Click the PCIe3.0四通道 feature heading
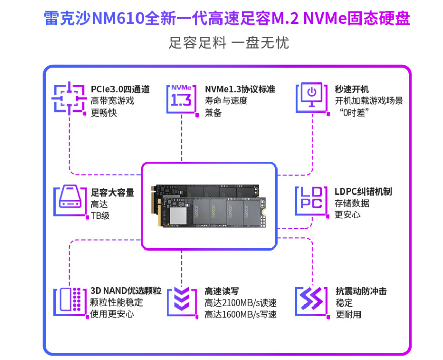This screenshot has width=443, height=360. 120,89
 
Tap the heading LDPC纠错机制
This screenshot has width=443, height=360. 363,192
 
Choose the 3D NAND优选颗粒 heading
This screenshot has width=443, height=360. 126,291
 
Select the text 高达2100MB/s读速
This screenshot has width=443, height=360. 240,303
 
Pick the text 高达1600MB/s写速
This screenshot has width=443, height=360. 240,315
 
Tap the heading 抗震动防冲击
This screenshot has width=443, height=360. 361,291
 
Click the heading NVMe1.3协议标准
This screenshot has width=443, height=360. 240,89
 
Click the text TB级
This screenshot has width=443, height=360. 100,215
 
